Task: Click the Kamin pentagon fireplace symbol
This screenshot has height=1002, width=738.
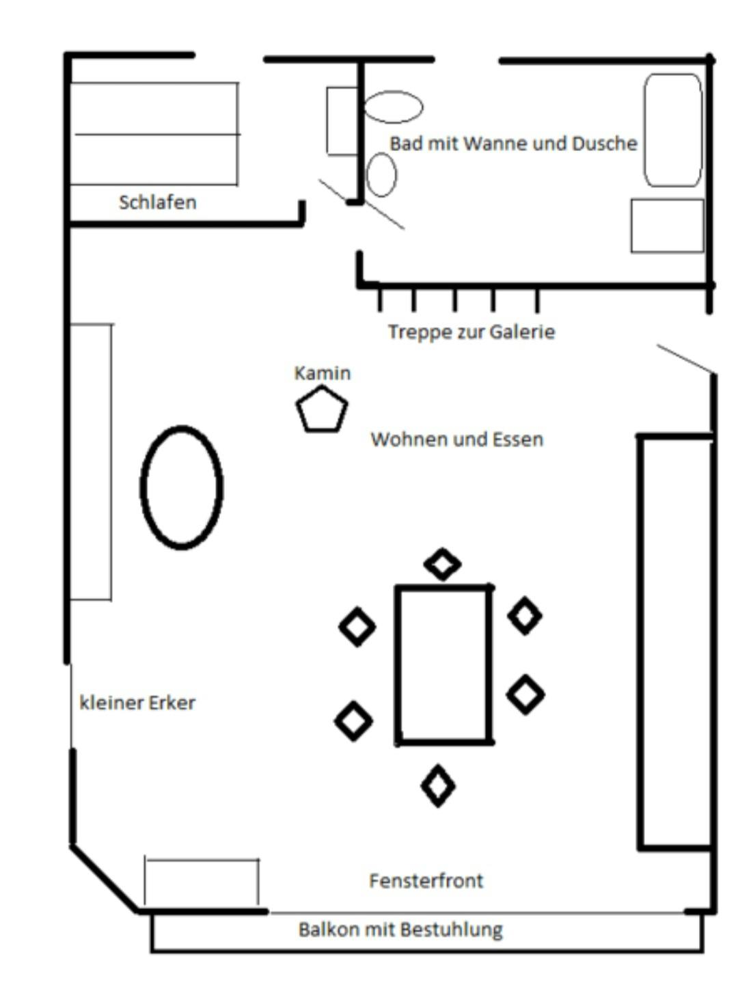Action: [x=322, y=410]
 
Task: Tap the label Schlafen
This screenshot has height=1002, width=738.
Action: [x=157, y=202]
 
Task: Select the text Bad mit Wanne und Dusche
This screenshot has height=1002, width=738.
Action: [x=513, y=144]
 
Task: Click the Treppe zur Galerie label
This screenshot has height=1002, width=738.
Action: [x=471, y=332]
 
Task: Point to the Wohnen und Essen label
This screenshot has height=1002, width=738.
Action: [x=456, y=439]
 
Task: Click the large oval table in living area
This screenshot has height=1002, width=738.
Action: [x=182, y=487]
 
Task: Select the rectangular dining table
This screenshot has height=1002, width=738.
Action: [x=443, y=664]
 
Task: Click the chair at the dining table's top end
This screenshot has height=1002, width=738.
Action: [x=442, y=565]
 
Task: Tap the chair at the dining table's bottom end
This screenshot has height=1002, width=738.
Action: [x=437, y=786]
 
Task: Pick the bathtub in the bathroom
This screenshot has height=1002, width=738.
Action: [x=673, y=130]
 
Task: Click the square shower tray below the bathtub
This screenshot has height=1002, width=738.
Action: [x=667, y=226]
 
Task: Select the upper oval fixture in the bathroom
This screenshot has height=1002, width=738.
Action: [x=393, y=107]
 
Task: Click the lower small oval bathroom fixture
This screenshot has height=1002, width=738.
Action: [x=381, y=175]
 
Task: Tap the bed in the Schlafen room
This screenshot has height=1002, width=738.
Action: [x=154, y=134]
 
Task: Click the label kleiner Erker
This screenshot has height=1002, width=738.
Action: [x=137, y=703]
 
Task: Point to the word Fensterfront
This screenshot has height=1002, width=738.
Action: [x=426, y=880]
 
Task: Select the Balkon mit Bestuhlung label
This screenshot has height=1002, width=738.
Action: [x=400, y=930]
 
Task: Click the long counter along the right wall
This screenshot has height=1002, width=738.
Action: [x=675, y=642]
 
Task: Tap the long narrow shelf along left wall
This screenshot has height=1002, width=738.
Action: [x=92, y=462]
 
